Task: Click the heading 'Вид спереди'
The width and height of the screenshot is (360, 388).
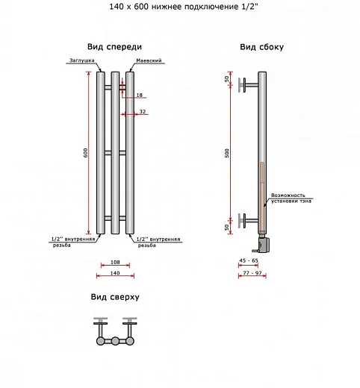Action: pos(114,47)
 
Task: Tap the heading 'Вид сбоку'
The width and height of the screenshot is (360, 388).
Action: pos(261,47)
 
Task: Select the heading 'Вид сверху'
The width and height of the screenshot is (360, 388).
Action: pos(115,297)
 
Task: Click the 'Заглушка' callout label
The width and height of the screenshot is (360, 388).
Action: pos(82,60)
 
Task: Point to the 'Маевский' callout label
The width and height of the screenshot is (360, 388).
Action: pos(149,60)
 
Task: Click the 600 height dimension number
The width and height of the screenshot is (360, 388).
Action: pos(85,153)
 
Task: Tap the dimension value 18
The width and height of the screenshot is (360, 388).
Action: pos(140,95)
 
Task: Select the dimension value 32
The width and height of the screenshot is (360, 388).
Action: pos(143,112)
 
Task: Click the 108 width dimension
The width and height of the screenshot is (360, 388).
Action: pos(115,262)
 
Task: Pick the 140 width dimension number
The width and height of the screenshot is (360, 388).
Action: pos(115,273)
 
